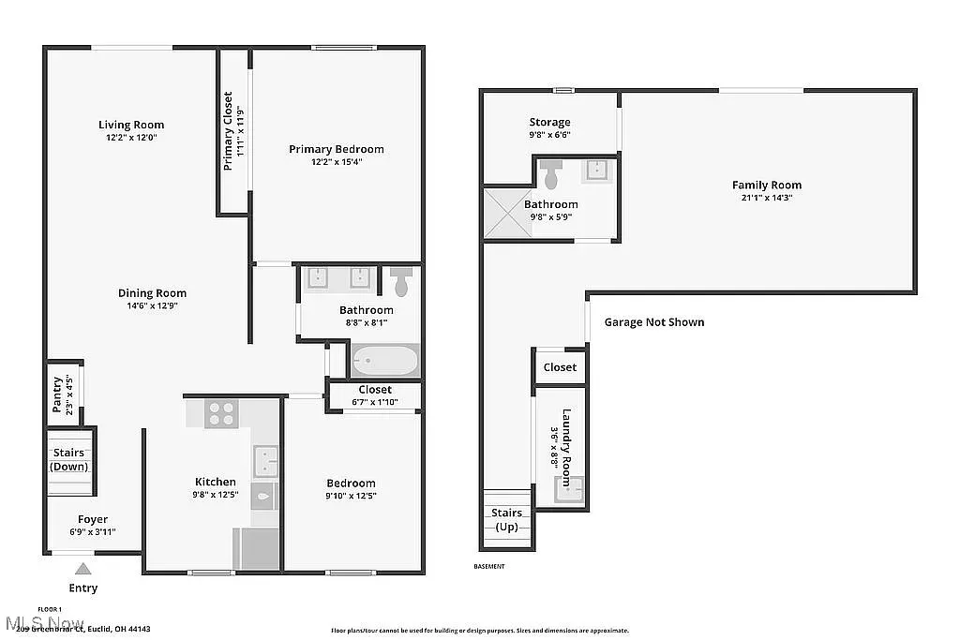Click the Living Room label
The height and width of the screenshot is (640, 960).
(x=131, y=125)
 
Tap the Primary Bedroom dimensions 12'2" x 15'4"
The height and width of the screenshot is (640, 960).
(x=336, y=161)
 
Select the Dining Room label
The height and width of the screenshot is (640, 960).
(x=152, y=293)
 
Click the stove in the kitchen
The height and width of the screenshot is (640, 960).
(x=220, y=413)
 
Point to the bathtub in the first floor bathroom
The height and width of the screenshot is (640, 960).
(x=384, y=361)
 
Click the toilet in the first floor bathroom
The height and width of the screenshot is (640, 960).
(x=401, y=280)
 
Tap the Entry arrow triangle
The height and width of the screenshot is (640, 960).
(x=83, y=568)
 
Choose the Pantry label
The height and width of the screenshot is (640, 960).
(x=57, y=394)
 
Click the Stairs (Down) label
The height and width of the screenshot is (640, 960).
(x=67, y=460)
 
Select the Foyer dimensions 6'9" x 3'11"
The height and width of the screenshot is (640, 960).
(x=92, y=532)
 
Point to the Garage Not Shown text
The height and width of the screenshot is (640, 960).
(x=653, y=322)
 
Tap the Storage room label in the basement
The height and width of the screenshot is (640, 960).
(x=549, y=122)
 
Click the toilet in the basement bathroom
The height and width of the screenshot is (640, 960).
(x=551, y=173)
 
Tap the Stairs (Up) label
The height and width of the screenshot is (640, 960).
(x=507, y=519)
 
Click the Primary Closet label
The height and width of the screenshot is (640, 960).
(x=228, y=131)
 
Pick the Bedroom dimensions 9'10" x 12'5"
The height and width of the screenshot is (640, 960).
(x=351, y=496)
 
